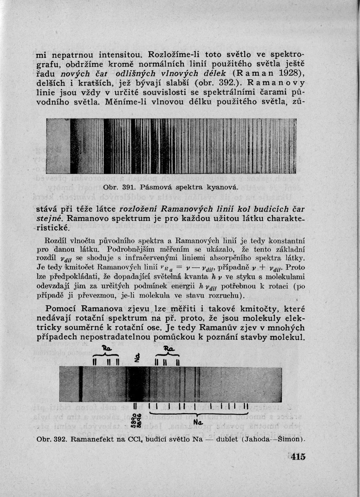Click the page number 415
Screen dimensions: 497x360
[x=297, y=458]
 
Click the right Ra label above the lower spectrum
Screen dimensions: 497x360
[x=168, y=348]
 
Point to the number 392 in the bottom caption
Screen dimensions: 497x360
[x=60, y=439]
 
